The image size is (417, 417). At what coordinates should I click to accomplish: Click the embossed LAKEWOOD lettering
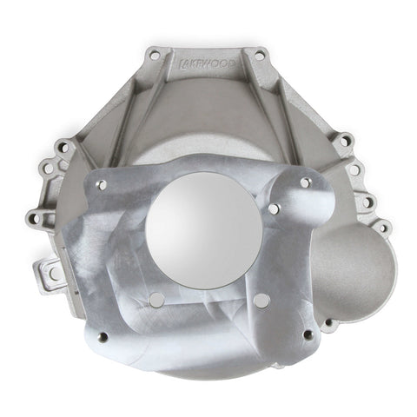tap(207, 64)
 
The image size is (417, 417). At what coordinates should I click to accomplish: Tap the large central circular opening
tap(204, 231)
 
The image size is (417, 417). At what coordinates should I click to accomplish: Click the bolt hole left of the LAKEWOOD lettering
tap(155, 55)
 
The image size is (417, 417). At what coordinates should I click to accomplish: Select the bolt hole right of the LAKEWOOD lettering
tap(259, 56)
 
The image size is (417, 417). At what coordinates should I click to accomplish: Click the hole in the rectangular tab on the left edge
tap(54, 273)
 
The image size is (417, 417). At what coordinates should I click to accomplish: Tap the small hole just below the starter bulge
tap(328, 322)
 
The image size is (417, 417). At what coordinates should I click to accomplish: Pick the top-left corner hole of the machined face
tap(102, 185)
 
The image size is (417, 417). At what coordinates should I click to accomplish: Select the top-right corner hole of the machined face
tap(306, 182)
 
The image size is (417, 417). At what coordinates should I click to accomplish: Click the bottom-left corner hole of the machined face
tap(103, 337)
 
